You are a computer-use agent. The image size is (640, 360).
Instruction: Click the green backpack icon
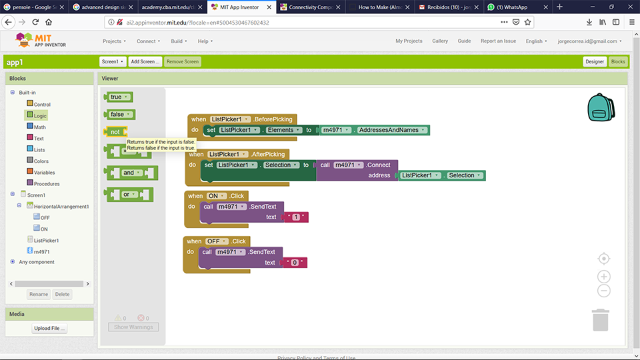(x=601, y=107)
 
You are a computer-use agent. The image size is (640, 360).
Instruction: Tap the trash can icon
(x=601, y=319)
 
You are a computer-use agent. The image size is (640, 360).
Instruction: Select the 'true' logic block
(x=117, y=97)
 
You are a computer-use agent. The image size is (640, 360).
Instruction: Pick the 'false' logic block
(x=119, y=115)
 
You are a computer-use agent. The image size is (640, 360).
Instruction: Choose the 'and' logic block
(x=129, y=173)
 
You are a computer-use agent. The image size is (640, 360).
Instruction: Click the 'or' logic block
(x=127, y=195)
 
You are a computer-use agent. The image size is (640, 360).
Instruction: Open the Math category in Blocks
(x=40, y=127)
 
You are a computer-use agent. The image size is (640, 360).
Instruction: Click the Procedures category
(x=47, y=183)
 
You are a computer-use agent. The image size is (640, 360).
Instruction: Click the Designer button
(x=594, y=61)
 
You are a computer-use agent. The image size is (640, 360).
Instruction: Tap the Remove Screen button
(x=182, y=61)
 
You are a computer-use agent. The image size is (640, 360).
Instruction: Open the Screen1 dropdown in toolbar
(x=113, y=61)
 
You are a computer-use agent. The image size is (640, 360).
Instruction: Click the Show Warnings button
(x=133, y=327)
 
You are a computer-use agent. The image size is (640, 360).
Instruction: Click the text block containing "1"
(x=295, y=217)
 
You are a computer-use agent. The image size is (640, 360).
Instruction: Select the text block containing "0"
(x=295, y=263)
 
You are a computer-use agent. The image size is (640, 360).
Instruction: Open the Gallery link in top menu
(x=440, y=41)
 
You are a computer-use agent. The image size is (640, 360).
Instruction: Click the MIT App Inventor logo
(x=43, y=41)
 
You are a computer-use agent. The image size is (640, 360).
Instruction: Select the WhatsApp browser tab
(x=513, y=7)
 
